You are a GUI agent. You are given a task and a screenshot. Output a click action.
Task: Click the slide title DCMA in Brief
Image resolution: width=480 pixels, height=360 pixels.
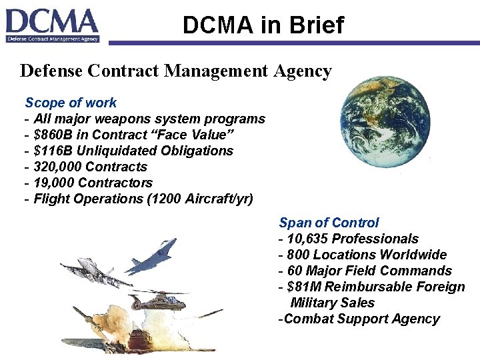(263, 25)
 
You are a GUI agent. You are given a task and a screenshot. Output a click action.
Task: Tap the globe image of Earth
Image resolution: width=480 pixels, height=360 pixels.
(385, 121)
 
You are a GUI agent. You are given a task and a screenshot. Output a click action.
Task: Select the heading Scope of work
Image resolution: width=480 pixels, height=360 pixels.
(71, 103)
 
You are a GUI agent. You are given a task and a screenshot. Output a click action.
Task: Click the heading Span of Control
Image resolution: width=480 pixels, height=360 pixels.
(329, 223)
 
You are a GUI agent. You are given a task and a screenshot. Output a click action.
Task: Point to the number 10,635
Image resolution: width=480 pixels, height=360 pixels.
(307, 239)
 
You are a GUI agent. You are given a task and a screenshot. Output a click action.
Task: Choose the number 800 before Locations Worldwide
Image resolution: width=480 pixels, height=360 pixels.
(298, 255)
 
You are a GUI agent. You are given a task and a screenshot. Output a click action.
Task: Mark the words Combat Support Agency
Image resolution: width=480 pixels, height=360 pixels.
(362, 319)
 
